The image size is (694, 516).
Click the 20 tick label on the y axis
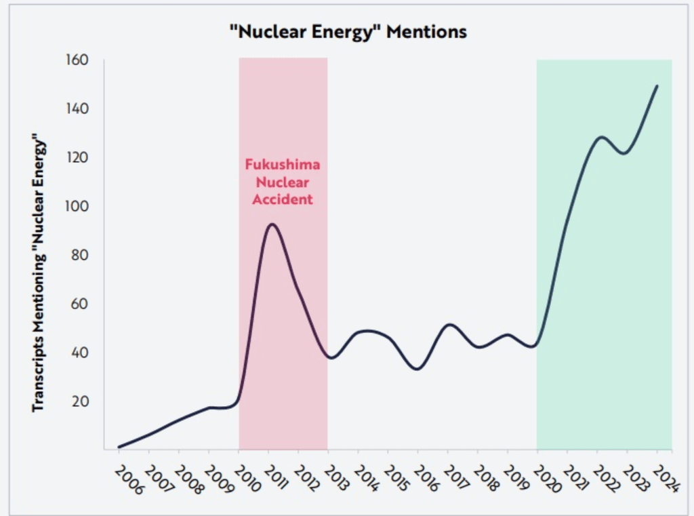coord(81,401)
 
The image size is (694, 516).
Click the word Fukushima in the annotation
coord(282,165)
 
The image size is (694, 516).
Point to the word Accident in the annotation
coord(283,199)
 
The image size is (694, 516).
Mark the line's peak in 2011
coord(272,224)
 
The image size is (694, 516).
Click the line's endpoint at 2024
coord(657,86)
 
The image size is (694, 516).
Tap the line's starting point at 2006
coord(119,447)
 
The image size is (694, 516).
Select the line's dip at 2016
coord(418,369)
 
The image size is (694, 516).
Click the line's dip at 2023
coord(624,153)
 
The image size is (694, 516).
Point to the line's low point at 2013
coord(330,357)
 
